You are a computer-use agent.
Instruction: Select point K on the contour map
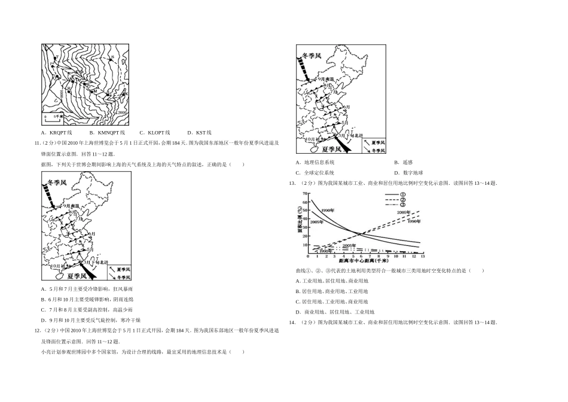click(125, 93)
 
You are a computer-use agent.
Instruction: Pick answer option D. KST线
click(199, 133)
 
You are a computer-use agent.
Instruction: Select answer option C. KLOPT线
click(155, 133)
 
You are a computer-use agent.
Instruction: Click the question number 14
click(292, 322)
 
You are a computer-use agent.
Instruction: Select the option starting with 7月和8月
click(81, 309)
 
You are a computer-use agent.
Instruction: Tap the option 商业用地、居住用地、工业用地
click(335, 312)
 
